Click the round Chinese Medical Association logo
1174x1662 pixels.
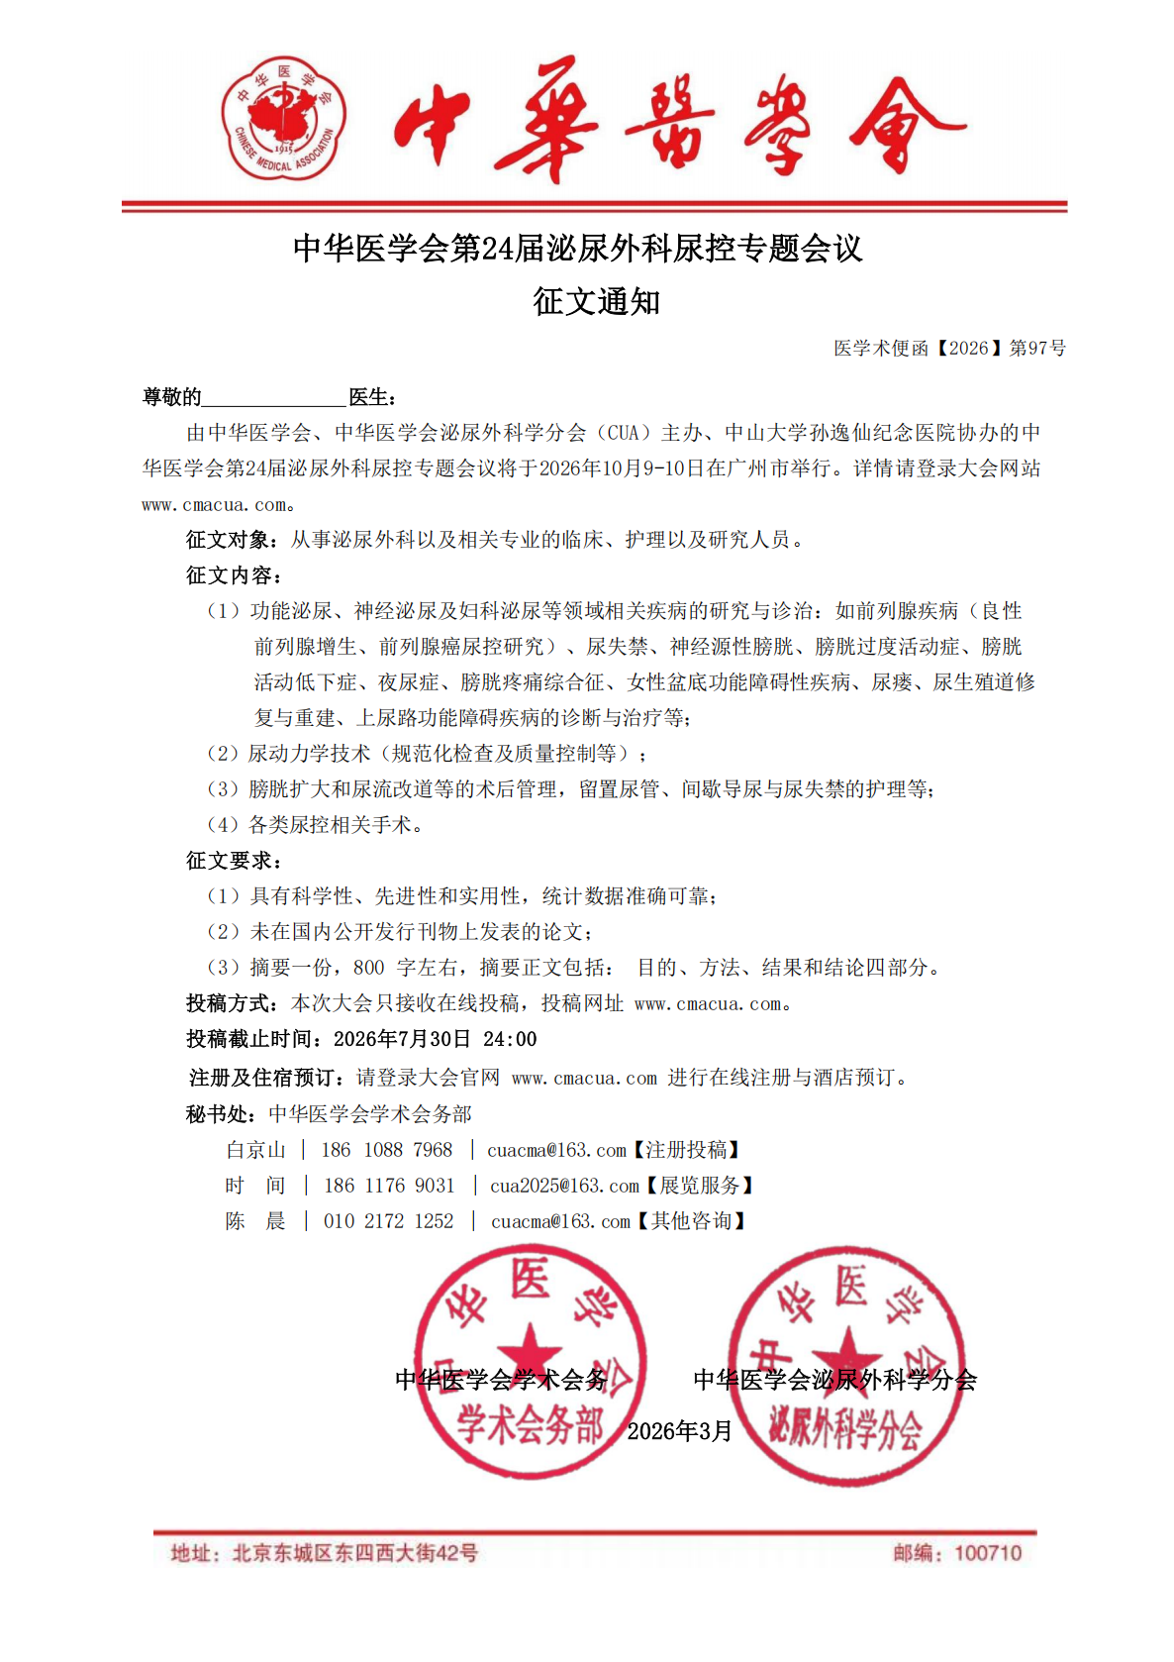click(283, 119)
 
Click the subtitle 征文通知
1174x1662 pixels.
click(596, 301)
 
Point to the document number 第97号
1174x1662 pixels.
click(1037, 348)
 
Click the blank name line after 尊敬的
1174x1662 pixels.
click(273, 398)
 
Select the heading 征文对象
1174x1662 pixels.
click(231, 540)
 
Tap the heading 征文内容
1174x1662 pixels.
click(231, 575)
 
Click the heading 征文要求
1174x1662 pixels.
click(231, 861)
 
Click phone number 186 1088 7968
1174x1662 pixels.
click(386, 1150)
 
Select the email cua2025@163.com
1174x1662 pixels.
click(564, 1186)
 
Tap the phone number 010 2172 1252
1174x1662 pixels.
click(388, 1221)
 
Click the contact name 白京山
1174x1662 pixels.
click(255, 1150)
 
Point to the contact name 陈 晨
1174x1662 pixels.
click(254, 1221)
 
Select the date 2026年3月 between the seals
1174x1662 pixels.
click(679, 1431)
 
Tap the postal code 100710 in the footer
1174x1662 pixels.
click(987, 1553)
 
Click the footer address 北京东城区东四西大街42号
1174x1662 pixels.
click(354, 1553)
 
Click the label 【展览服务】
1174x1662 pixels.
click(700, 1186)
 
